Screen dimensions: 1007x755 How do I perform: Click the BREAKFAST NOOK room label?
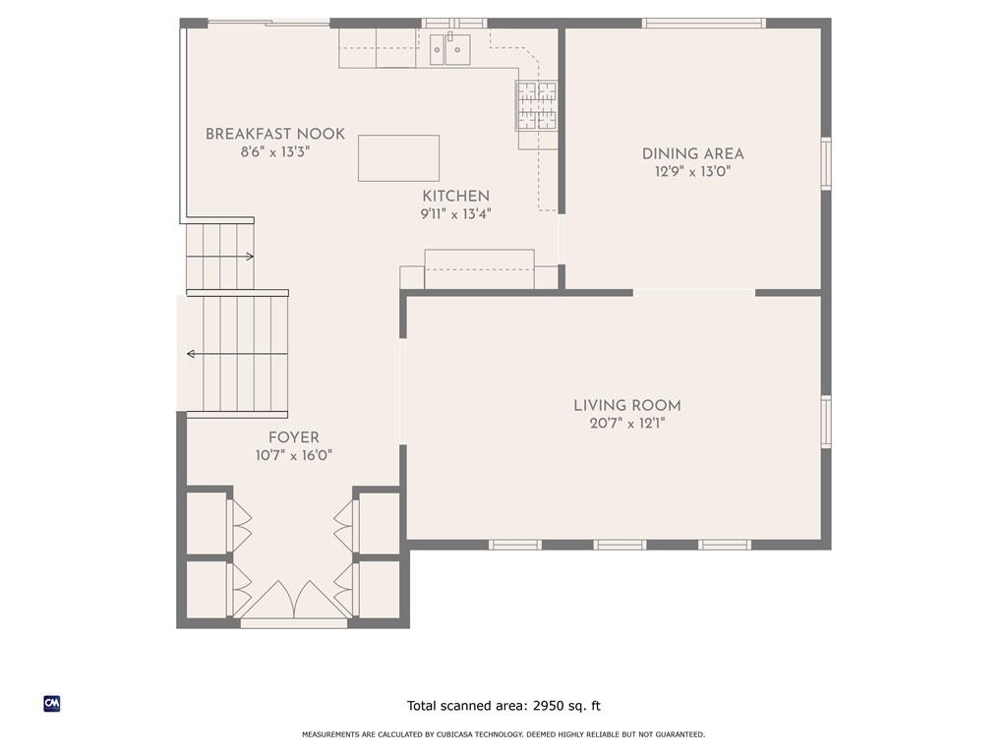[x=275, y=134]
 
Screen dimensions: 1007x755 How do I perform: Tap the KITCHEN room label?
[x=456, y=197]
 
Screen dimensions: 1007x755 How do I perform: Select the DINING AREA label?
[x=693, y=154]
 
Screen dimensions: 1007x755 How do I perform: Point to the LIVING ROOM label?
[x=626, y=406]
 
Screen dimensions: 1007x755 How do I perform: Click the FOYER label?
[x=293, y=437]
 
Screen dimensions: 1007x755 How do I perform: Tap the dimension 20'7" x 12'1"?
[x=627, y=424]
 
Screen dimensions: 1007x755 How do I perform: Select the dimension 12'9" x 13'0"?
[x=693, y=172]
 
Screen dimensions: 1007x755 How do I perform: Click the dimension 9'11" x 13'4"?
[x=456, y=214]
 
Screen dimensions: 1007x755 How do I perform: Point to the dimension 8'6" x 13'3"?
[x=275, y=152]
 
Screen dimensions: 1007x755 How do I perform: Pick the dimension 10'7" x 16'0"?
[x=293, y=456]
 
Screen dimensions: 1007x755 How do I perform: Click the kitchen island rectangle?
[x=399, y=158]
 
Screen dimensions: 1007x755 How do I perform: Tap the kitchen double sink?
[x=449, y=49]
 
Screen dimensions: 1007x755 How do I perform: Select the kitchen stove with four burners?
[x=536, y=106]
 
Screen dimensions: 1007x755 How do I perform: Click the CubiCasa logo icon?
[x=52, y=704]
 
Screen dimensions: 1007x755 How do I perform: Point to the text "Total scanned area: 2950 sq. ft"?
[x=503, y=706]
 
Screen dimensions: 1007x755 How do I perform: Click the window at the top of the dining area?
[x=704, y=24]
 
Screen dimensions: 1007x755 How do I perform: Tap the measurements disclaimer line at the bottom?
[x=503, y=734]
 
